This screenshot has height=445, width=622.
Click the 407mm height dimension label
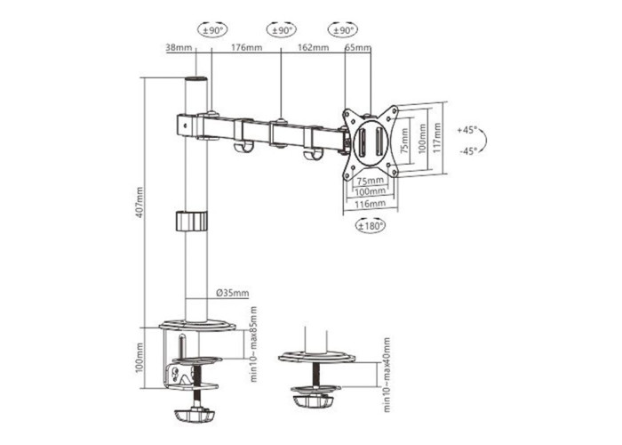click(140, 202)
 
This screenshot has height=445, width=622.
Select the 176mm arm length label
click(246, 48)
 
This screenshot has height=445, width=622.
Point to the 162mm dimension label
click(313, 48)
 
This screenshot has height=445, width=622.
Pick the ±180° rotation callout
click(371, 226)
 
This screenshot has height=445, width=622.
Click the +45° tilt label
click(467, 130)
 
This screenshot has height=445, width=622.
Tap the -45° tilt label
click(468, 151)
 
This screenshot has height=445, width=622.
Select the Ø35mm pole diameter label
click(233, 293)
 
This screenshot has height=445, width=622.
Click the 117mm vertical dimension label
click(437, 139)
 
